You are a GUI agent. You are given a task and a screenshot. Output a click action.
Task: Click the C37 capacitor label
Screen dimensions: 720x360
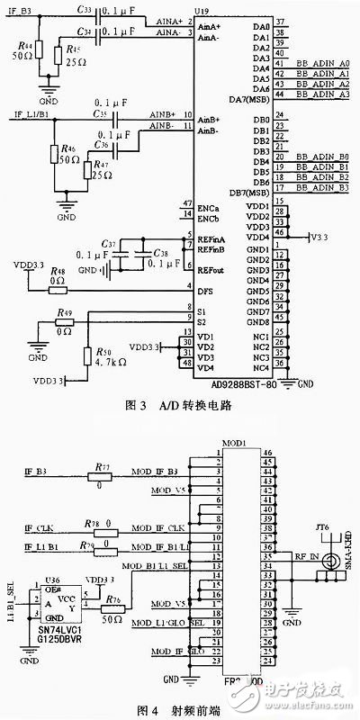coord(111,245)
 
